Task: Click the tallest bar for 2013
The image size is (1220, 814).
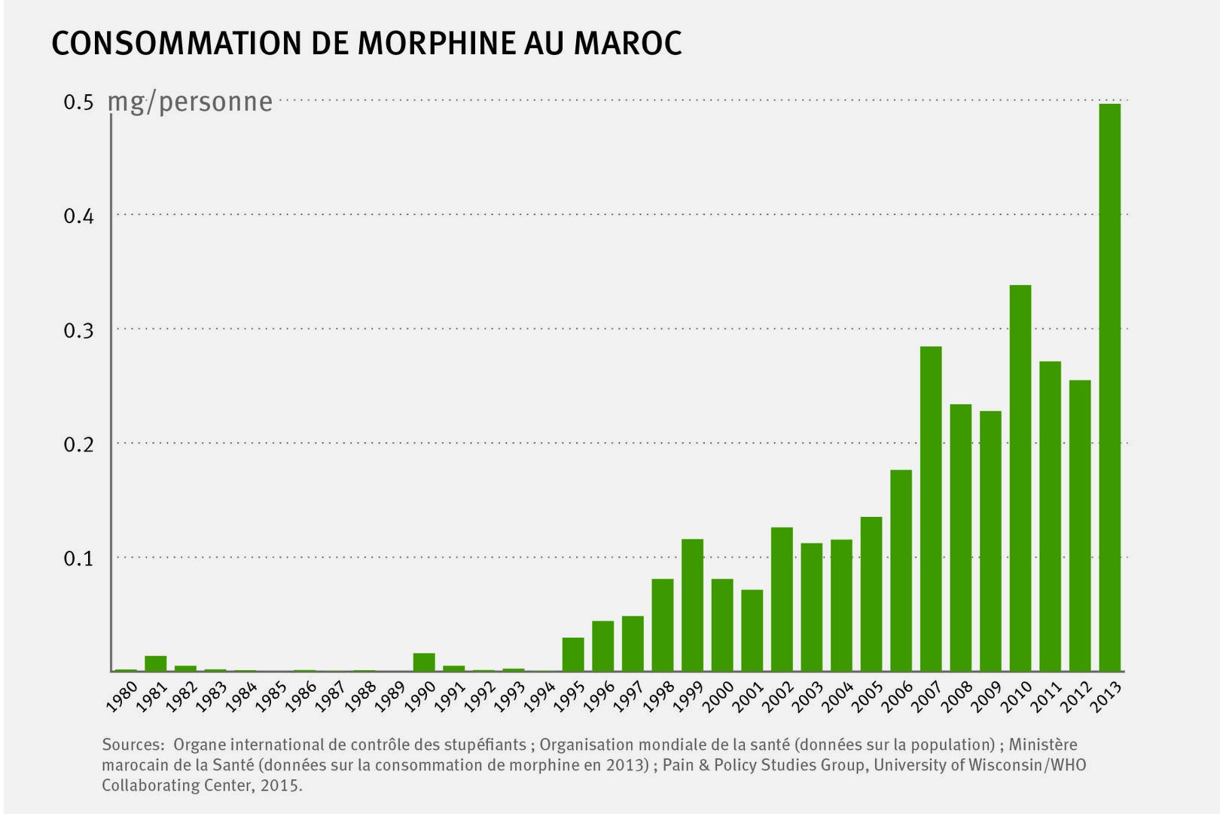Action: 1109,387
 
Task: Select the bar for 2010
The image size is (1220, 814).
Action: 1020,478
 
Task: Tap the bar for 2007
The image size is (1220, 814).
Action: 931,509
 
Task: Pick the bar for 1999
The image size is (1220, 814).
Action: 692,605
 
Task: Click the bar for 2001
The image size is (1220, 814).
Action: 752,630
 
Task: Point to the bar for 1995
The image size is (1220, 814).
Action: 573,654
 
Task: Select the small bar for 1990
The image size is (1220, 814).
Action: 424,662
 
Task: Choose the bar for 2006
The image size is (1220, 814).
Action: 901,571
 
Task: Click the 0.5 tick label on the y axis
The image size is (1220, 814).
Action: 78,103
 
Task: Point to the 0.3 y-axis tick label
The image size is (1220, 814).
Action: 78,331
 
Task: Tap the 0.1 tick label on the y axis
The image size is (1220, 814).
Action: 78,559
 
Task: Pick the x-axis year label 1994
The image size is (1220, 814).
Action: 540,696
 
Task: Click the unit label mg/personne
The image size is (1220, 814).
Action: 191,103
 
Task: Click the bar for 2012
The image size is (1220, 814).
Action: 1079,525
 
